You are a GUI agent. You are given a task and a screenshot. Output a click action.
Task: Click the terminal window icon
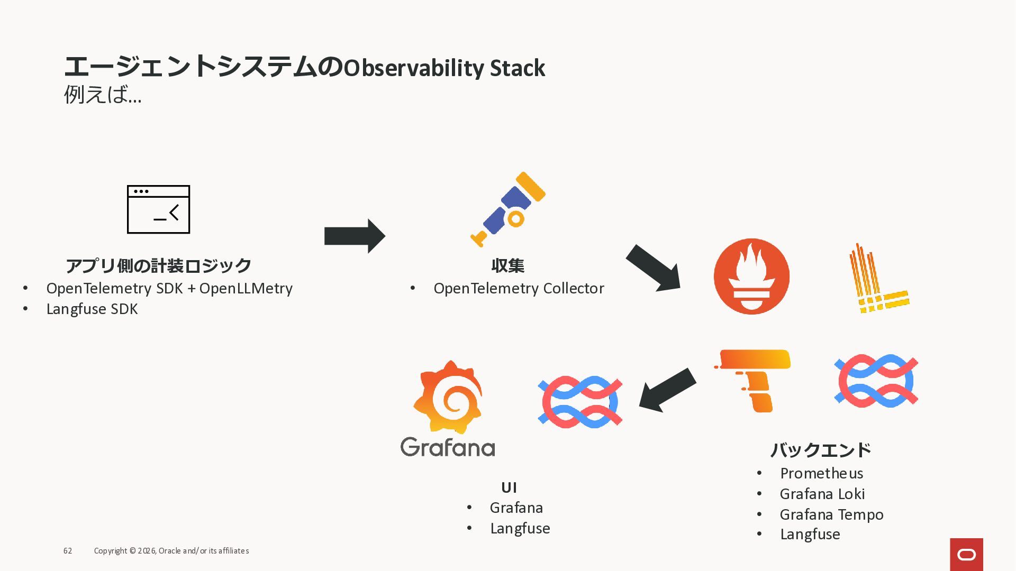pyautogui.click(x=158, y=209)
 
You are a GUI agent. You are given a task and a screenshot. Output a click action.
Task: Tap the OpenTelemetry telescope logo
pyautogui.click(x=509, y=209)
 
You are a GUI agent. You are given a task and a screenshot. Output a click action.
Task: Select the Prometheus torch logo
pyautogui.click(x=751, y=277)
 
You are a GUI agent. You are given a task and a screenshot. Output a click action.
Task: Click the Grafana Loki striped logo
pyautogui.click(x=878, y=279)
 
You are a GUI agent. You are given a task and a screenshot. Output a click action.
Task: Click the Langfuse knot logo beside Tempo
pyautogui.click(x=876, y=381)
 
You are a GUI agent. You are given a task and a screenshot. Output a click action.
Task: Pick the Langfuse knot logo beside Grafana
pyautogui.click(x=580, y=402)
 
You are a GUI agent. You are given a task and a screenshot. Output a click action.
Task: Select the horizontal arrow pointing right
pyautogui.click(x=355, y=236)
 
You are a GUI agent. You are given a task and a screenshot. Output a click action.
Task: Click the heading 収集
pyautogui.click(x=507, y=265)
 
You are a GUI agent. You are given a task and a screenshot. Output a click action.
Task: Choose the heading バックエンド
pyautogui.click(x=821, y=450)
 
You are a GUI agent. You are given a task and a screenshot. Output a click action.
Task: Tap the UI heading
pyautogui.click(x=509, y=487)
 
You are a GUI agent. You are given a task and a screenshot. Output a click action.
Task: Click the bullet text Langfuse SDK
pyautogui.click(x=92, y=309)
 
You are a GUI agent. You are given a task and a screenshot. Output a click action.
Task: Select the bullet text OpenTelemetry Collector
pyautogui.click(x=519, y=288)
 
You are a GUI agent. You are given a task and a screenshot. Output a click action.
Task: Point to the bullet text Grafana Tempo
pyautogui.click(x=831, y=514)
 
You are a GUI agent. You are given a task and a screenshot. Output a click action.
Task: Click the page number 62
pyautogui.click(x=68, y=551)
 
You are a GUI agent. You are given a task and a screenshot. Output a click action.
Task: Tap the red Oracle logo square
pyautogui.click(x=966, y=555)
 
